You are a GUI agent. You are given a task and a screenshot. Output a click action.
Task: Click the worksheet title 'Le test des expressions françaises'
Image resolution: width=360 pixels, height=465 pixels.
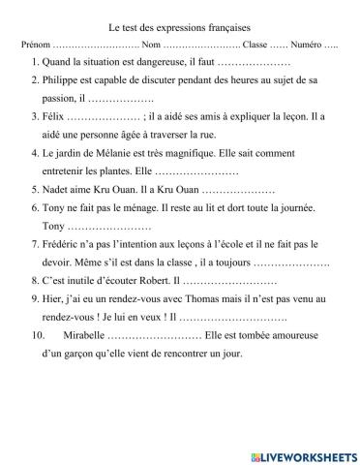click(179, 29)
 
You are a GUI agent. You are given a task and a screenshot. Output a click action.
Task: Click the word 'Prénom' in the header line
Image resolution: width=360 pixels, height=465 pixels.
click(33, 46)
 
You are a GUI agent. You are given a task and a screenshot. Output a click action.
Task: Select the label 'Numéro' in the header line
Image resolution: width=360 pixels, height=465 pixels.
click(303, 46)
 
